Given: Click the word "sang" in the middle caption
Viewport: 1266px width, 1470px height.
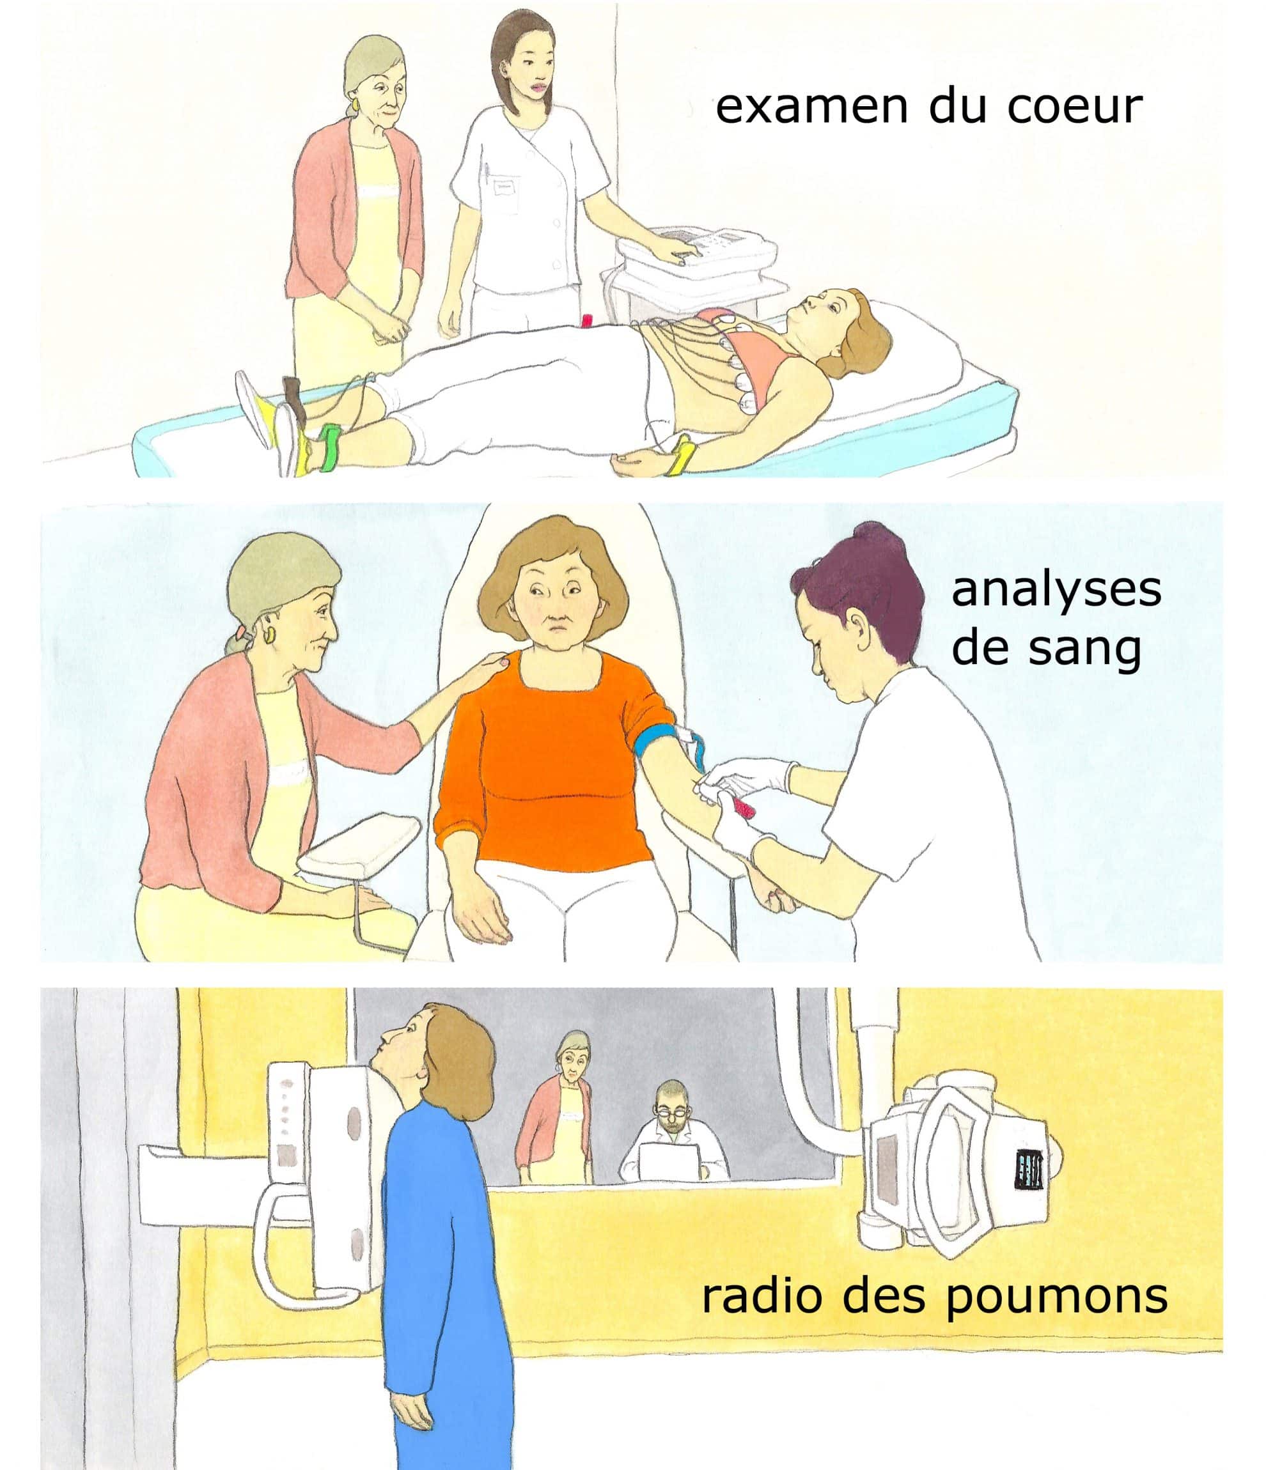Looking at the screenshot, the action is point(1084,651).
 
